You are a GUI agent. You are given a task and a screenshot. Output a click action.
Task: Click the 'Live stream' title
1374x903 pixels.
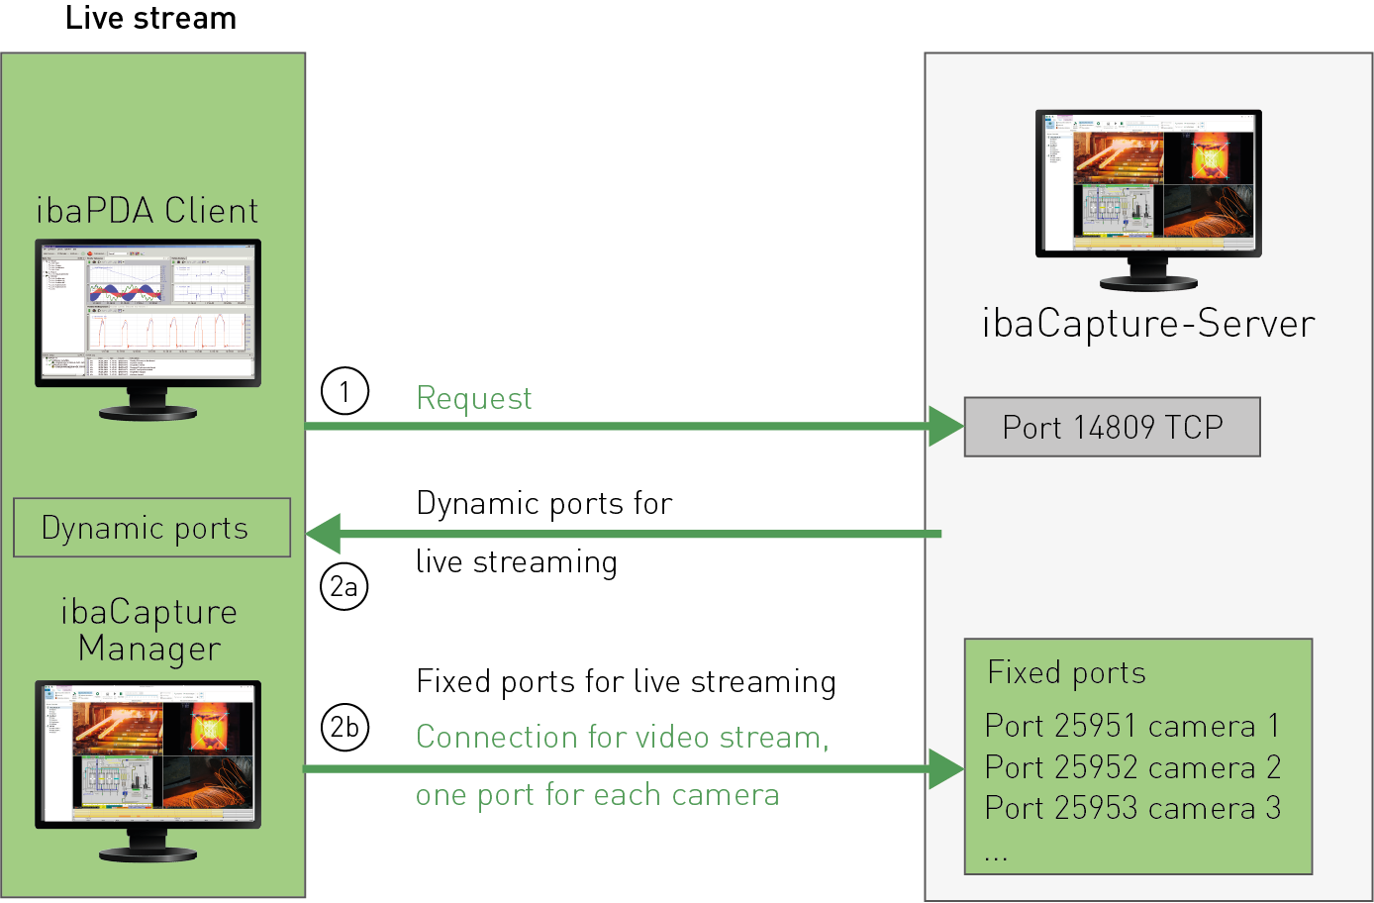click(x=150, y=19)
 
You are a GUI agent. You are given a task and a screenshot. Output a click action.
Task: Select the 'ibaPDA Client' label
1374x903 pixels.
click(x=147, y=211)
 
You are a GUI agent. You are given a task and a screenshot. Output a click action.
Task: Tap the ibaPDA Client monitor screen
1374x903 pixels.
click(x=147, y=311)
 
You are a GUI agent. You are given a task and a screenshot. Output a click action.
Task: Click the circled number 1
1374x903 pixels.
click(x=344, y=392)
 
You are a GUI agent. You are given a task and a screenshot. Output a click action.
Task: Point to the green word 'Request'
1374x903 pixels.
click(x=473, y=398)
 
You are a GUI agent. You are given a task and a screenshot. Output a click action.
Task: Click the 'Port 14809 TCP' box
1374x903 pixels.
click(x=1112, y=427)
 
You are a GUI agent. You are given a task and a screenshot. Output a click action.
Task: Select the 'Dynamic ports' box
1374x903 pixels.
click(x=151, y=528)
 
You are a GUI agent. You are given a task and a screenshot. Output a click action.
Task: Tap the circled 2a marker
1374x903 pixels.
click(x=344, y=586)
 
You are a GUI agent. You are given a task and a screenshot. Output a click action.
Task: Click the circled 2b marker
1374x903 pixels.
click(x=344, y=728)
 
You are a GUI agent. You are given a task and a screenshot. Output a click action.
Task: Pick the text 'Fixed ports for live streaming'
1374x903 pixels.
click(x=626, y=682)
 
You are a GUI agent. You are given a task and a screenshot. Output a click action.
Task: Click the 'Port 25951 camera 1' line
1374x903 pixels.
click(x=1131, y=726)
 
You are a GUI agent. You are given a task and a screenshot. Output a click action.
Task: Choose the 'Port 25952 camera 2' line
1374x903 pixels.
click(x=1132, y=767)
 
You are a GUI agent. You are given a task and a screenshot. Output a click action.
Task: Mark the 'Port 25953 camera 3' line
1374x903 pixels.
click(x=1132, y=808)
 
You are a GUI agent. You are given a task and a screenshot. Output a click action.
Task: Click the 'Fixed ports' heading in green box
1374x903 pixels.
click(x=1066, y=673)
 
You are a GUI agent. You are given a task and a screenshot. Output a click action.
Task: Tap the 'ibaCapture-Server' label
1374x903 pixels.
click(x=1148, y=324)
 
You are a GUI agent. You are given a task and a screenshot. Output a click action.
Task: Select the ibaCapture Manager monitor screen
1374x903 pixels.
click(x=147, y=752)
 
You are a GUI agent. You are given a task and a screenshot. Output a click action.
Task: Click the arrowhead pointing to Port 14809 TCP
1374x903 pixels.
click(x=945, y=427)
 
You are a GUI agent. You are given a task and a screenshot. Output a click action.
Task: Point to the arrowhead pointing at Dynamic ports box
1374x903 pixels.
click(x=324, y=534)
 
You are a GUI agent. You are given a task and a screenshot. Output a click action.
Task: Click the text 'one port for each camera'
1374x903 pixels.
click(x=597, y=795)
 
